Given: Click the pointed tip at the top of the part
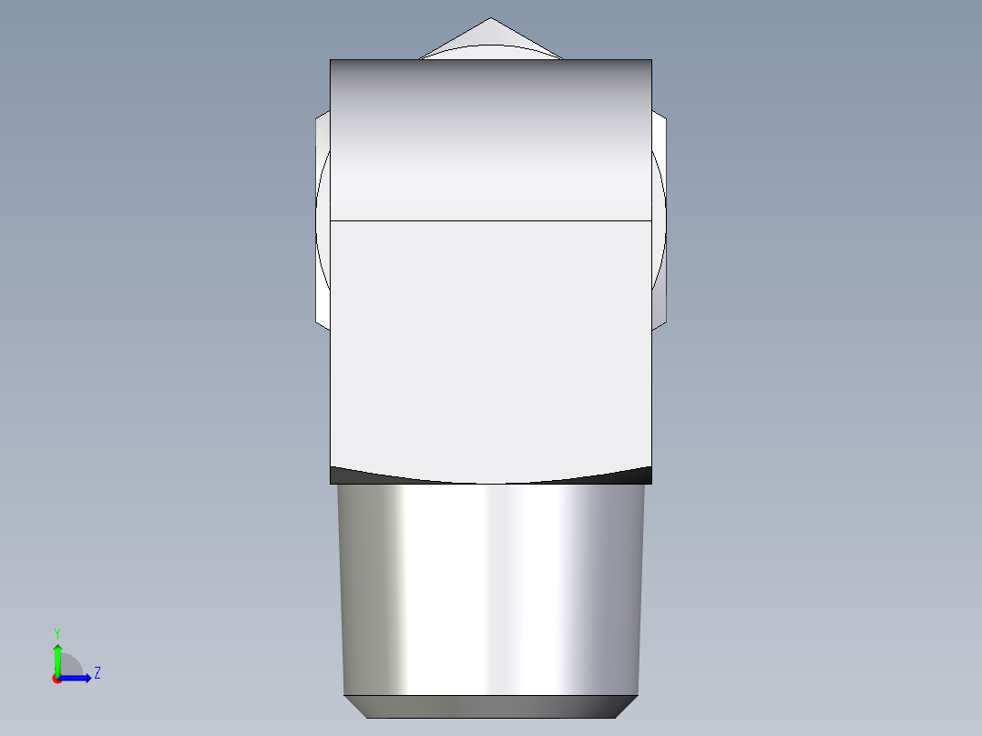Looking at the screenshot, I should click(491, 20).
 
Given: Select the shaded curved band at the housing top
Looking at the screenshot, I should click(490, 137).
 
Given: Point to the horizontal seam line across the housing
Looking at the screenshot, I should click(490, 220).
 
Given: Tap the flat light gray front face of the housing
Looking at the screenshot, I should click(490, 346).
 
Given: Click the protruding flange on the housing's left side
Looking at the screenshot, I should click(322, 219).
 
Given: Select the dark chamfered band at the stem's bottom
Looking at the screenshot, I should click(490, 706).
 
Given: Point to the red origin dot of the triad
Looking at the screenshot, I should click(56, 679).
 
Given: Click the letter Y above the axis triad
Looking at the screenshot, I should click(57, 632).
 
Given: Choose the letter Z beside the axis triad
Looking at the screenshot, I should click(97, 673).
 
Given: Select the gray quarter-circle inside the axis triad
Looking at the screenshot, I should click(71, 666).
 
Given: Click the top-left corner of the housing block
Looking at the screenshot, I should click(331, 60).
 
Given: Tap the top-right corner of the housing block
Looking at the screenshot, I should click(651, 60).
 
